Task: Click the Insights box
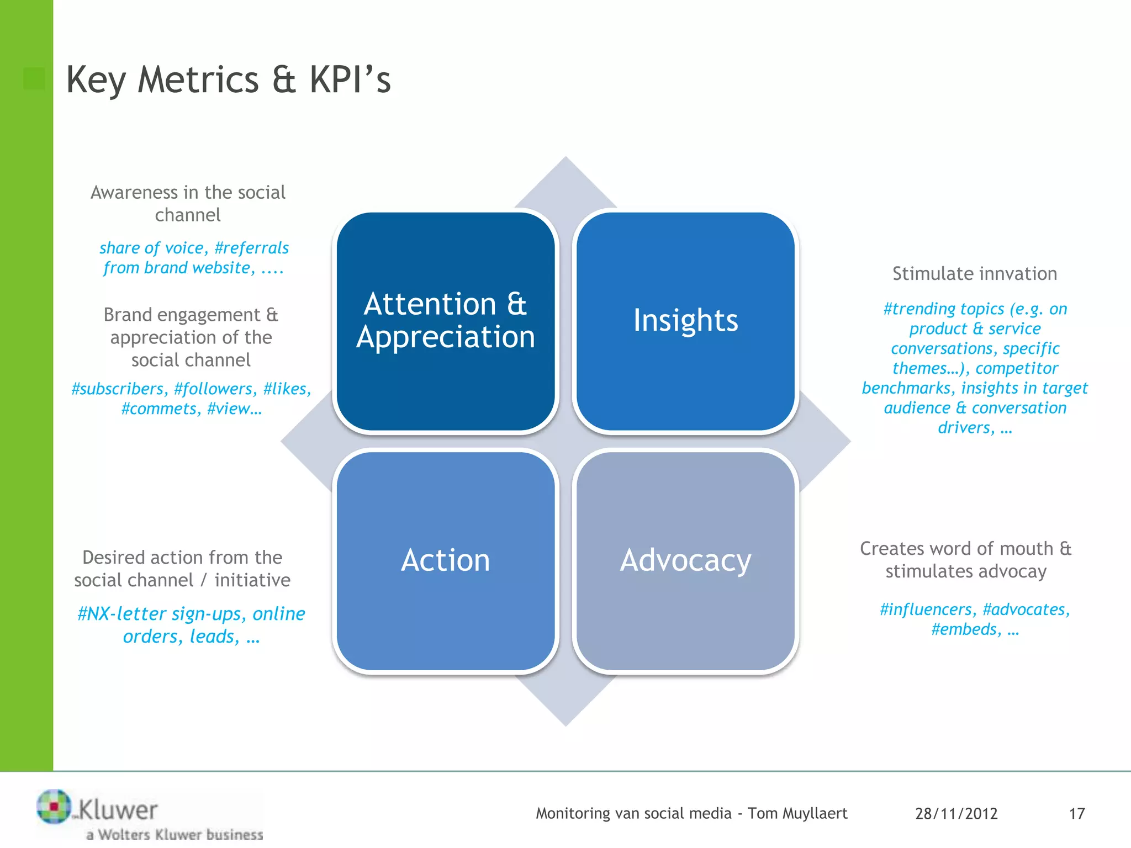tap(685, 321)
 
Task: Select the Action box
tap(445, 561)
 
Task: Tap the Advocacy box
tap(685, 561)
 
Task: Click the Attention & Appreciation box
tap(445, 321)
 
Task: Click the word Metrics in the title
tap(198, 80)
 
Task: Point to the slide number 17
tap(1076, 814)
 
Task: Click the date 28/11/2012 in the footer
tap(956, 814)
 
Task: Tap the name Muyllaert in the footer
tap(815, 814)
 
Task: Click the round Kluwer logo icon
tap(54, 807)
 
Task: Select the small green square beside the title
tap(34, 79)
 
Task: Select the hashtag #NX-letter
tap(121, 614)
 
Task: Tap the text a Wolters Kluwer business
tap(175, 834)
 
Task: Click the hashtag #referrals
tap(251, 248)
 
